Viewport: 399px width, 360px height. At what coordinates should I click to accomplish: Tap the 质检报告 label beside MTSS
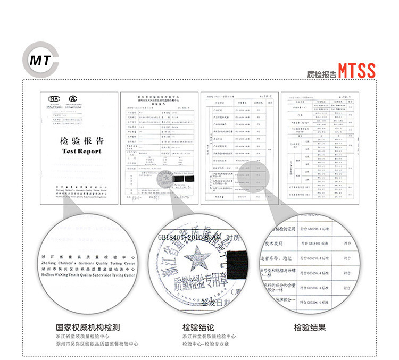(322, 74)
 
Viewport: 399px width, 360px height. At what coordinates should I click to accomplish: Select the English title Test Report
(81, 151)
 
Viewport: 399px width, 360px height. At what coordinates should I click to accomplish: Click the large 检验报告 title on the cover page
(81, 141)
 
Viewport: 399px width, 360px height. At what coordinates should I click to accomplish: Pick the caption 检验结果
(310, 328)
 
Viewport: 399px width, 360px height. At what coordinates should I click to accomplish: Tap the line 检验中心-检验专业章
(209, 344)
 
